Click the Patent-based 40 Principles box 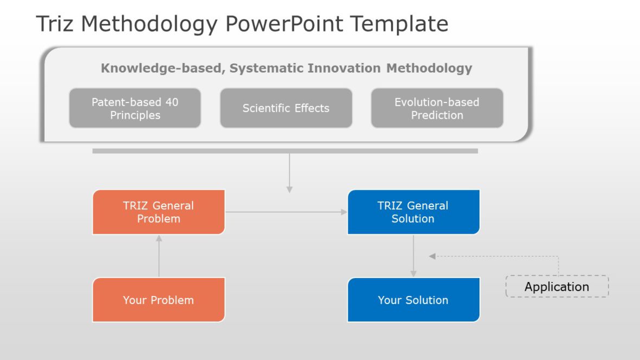point(135,108)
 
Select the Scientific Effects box point(286,108)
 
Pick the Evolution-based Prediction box point(437,108)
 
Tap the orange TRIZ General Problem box point(158,212)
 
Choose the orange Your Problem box point(158,300)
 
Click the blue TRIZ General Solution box point(413,212)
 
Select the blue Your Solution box point(413,300)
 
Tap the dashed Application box point(557,287)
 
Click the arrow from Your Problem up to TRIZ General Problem point(159,256)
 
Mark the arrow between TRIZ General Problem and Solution point(286,212)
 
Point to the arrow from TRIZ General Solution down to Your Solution point(413,256)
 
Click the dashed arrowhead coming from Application point(433,256)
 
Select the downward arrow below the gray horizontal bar point(290,173)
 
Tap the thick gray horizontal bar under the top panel point(285,151)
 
